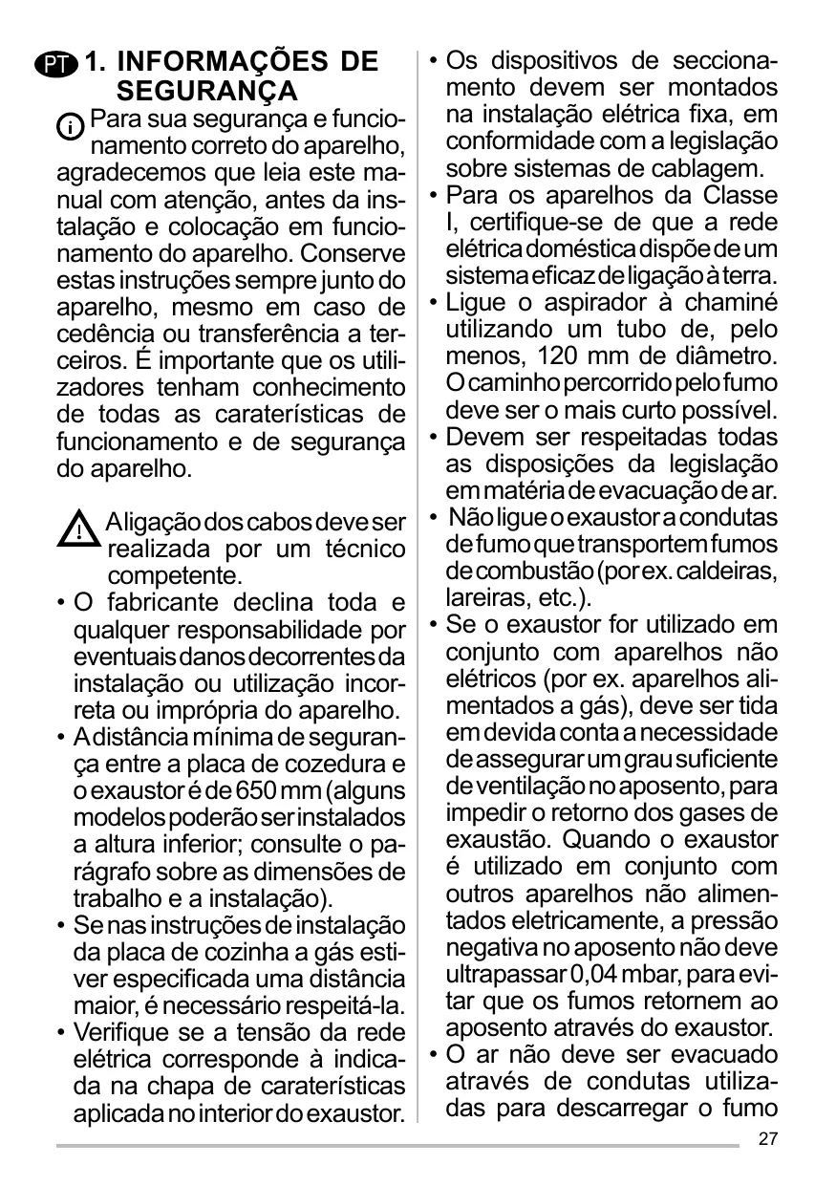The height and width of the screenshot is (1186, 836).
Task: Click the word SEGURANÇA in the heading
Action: pyautogui.click(x=206, y=92)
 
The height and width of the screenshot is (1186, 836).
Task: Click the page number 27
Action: pyautogui.click(x=767, y=1138)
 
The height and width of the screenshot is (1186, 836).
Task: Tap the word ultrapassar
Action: pyautogui.click(x=504, y=976)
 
